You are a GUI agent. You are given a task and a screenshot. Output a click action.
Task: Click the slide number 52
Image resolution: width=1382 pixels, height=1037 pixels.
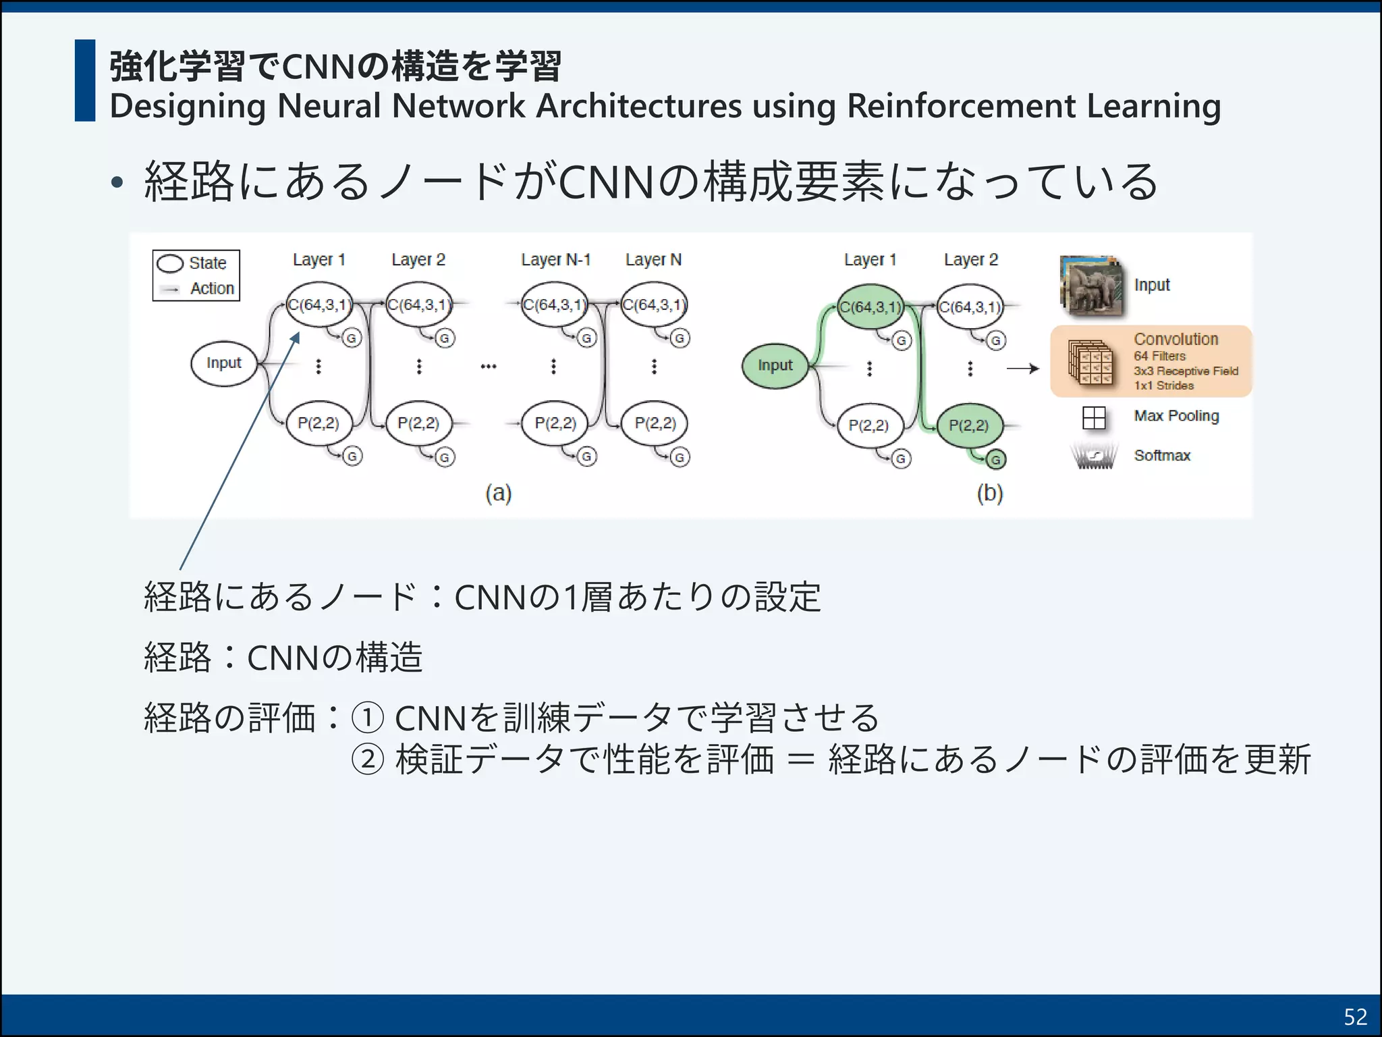pyautogui.click(x=1355, y=1017)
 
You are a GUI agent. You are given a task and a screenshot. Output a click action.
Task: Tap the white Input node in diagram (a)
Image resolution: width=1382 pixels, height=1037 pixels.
pyautogui.click(x=224, y=364)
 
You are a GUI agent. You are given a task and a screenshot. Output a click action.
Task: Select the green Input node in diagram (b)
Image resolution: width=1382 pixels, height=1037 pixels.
pyautogui.click(x=775, y=366)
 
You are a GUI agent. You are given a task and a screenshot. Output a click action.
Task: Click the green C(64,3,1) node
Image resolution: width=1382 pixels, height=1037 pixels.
pyautogui.click(x=870, y=308)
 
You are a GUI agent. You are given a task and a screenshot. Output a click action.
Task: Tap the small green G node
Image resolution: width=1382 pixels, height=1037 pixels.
pyautogui.click(x=995, y=460)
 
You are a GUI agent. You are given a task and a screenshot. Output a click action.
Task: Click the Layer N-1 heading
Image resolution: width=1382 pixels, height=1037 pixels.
pyautogui.click(x=555, y=260)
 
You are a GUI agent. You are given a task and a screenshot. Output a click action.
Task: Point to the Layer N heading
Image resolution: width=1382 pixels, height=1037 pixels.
pyautogui.click(x=653, y=260)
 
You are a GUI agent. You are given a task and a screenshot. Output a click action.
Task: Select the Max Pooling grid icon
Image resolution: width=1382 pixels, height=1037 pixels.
pyautogui.click(x=1093, y=418)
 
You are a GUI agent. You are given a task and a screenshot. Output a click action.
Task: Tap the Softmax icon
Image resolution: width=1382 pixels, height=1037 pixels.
pyautogui.click(x=1093, y=456)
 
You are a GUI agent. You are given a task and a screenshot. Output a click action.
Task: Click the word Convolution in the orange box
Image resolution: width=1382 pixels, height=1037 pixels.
pyautogui.click(x=1176, y=340)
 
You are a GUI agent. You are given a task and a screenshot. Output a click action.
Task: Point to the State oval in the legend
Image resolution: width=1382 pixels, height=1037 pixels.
pyautogui.click(x=170, y=263)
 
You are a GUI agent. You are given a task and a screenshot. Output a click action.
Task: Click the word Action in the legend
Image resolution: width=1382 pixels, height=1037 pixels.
pyautogui.click(x=212, y=289)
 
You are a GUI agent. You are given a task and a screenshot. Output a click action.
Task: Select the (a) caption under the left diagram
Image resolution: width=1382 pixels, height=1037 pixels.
pyautogui.click(x=499, y=494)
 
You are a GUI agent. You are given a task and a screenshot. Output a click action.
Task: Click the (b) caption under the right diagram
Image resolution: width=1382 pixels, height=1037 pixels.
pyautogui.click(x=990, y=494)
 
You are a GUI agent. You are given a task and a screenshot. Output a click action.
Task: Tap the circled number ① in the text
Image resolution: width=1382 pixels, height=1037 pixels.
pyautogui.click(x=368, y=718)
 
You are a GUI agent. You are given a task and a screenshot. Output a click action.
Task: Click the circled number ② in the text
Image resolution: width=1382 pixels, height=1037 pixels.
pyautogui.click(x=368, y=760)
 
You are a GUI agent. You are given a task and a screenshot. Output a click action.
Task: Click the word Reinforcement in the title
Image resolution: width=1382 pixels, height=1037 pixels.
pyautogui.click(x=961, y=107)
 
